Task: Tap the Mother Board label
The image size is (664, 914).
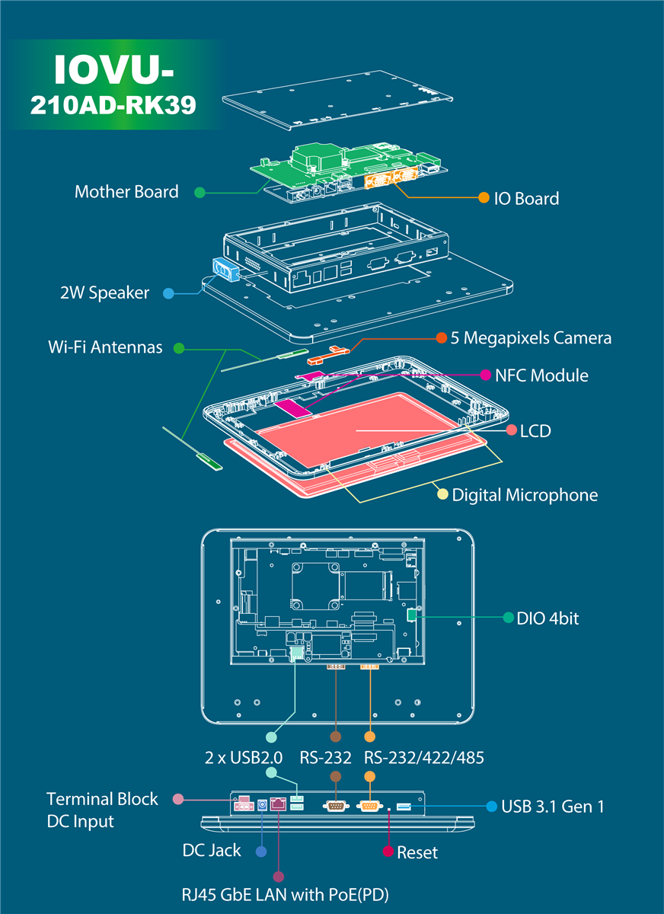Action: coord(126,192)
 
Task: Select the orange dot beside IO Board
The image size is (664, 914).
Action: coord(484,198)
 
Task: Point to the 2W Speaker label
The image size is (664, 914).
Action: coord(104,292)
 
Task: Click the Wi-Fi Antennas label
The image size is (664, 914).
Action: coord(105,347)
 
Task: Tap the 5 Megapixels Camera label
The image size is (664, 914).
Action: coord(531,337)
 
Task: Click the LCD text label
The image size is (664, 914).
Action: coord(535,431)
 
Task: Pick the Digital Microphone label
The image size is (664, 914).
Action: coord(525,495)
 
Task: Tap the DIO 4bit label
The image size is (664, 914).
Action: coord(547,618)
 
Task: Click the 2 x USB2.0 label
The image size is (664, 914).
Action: coord(244,758)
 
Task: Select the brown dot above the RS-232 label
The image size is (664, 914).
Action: coord(334,737)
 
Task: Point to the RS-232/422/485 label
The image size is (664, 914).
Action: coord(424,758)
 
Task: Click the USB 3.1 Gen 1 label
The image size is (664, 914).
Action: coord(553,806)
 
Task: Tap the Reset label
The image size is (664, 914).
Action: coord(417,852)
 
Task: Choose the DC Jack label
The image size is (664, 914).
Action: coord(212,850)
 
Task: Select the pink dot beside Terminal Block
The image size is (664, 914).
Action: coord(179,798)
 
